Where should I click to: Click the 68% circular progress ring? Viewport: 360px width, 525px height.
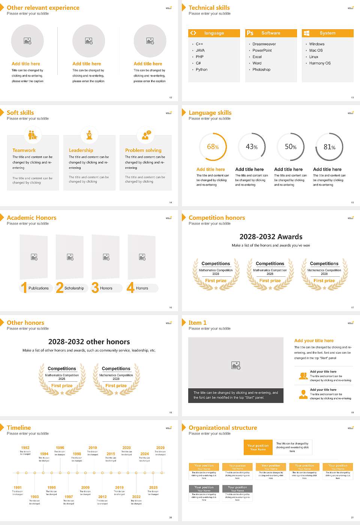tap(213, 147)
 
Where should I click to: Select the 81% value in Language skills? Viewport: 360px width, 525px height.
tap(329, 147)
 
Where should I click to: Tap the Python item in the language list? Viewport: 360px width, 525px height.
tap(201, 70)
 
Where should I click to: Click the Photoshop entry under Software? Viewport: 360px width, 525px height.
tap(261, 70)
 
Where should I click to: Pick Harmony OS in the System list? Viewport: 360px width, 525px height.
tap(320, 63)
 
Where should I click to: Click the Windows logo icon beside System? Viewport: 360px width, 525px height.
tap(306, 33)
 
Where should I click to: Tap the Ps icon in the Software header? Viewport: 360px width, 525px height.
tap(250, 33)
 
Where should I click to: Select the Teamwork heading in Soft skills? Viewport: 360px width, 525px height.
tap(24, 150)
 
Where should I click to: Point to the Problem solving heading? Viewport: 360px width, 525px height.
tap(143, 150)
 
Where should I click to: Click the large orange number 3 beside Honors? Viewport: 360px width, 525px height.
tap(95, 288)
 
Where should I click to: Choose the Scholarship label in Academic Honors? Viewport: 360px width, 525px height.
tap(74, 288)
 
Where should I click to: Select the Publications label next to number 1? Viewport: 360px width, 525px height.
tap(39, 288)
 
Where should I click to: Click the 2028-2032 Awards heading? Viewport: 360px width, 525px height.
tap(271, 237)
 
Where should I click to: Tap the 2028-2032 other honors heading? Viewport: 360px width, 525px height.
tap(89, 342)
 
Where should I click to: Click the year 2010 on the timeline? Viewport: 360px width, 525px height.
tap(93, 448)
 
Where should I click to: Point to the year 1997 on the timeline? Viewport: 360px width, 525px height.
tap(69, 496)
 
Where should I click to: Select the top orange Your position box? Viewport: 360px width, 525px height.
tap(258, 447)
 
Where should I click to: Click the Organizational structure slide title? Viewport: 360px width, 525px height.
tap(223, 428)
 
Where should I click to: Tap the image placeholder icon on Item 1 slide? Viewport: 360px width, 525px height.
tap(236, 365)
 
